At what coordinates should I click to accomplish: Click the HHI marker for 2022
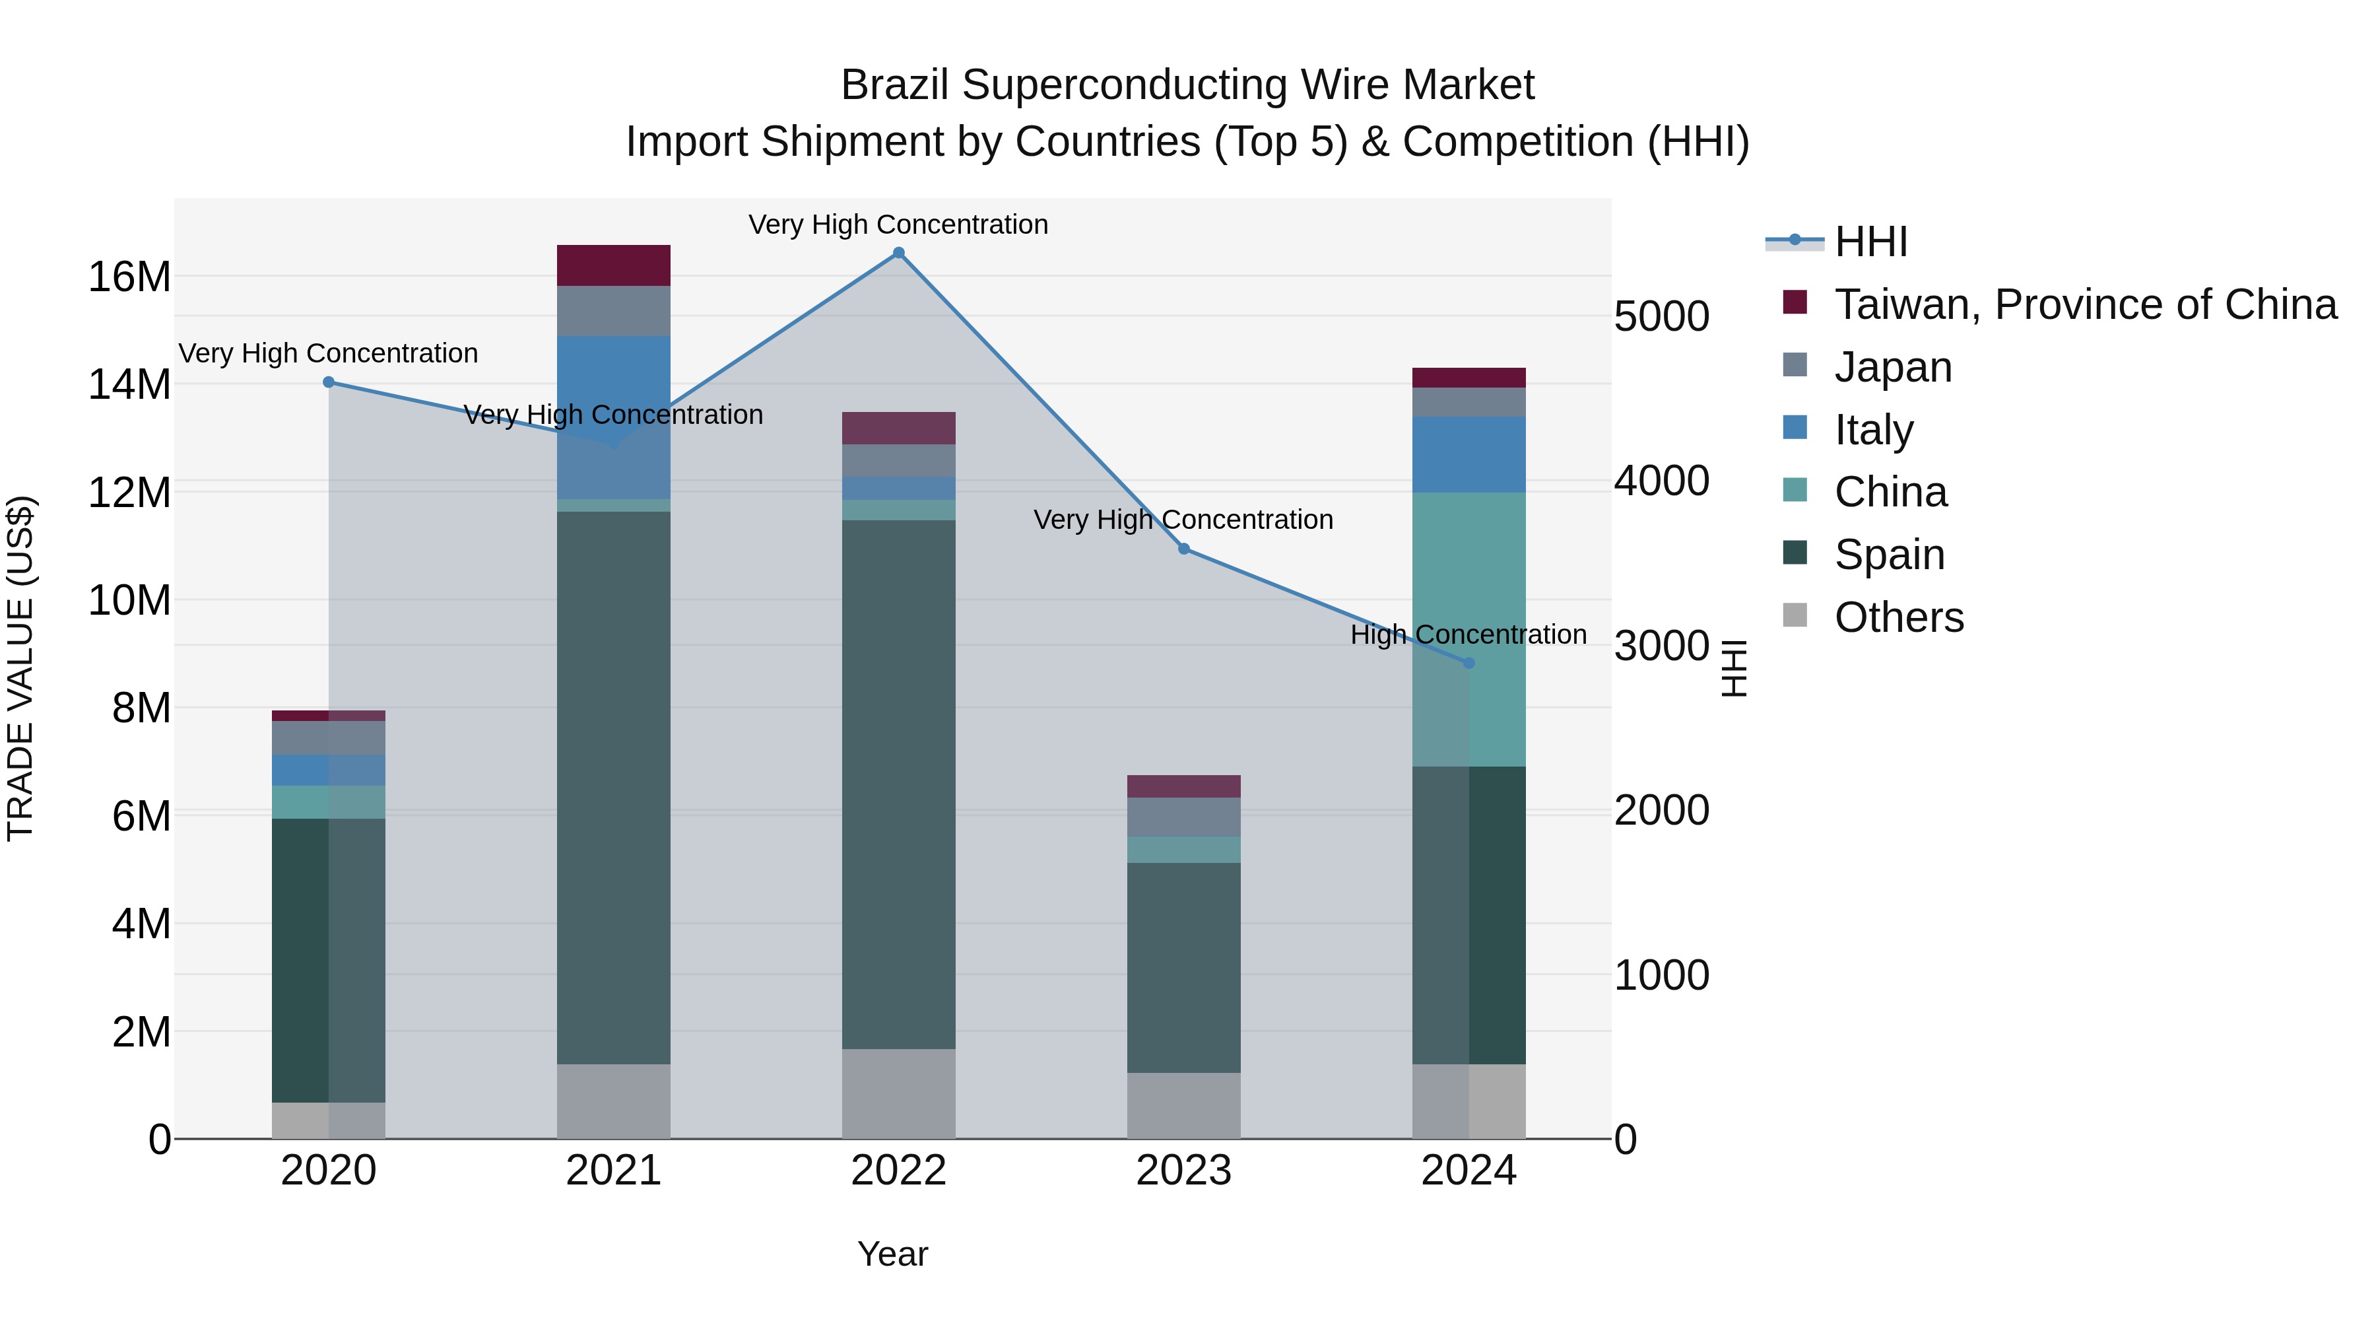[898, 253]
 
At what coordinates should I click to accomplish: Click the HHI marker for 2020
[329, 382]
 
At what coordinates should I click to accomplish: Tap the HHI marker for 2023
[1184, 549]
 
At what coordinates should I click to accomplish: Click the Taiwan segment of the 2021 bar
[613, 265]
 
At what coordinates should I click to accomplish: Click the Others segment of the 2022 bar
[898, 1093]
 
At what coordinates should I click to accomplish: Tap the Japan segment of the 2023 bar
[1184, 817]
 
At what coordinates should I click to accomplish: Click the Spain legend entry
[1888, 555]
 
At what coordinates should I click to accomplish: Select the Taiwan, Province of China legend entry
[2084, 304]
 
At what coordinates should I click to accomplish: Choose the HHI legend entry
[1870, 242]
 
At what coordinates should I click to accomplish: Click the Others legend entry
[1898, 617]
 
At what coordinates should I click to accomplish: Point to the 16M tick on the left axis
[129, 277]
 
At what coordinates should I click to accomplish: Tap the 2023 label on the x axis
[1184, 1171]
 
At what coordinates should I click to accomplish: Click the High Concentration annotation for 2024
[1468, 634]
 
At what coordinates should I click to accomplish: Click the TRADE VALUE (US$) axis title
[20, 668]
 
